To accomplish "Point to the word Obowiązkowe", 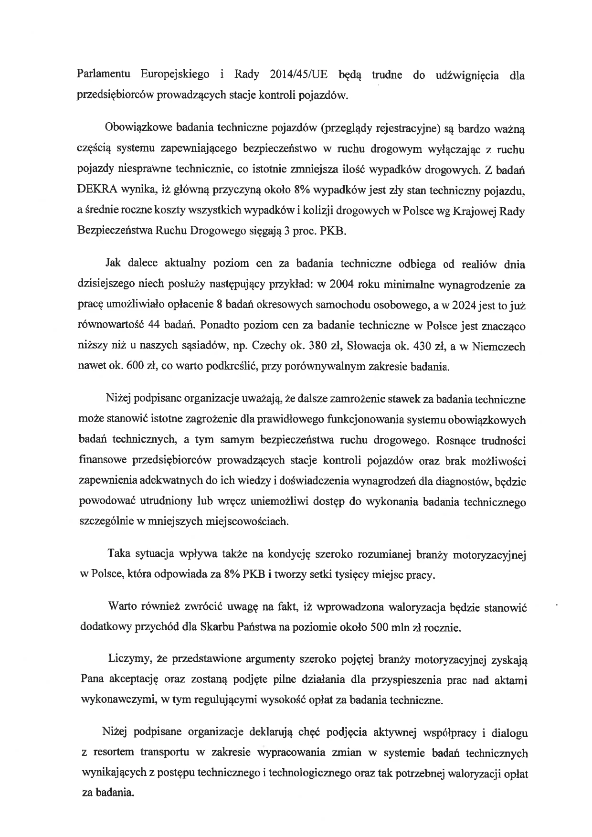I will click(135, 128).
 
